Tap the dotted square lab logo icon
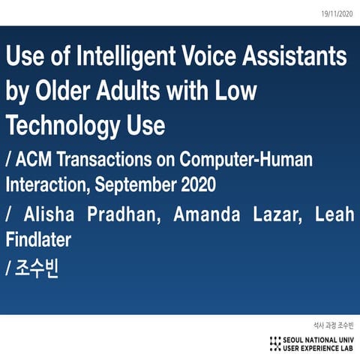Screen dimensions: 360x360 [276, 344]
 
